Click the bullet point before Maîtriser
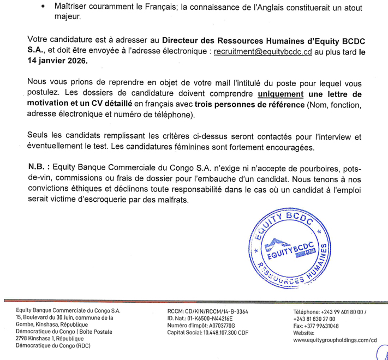click(x=43, y=5)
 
